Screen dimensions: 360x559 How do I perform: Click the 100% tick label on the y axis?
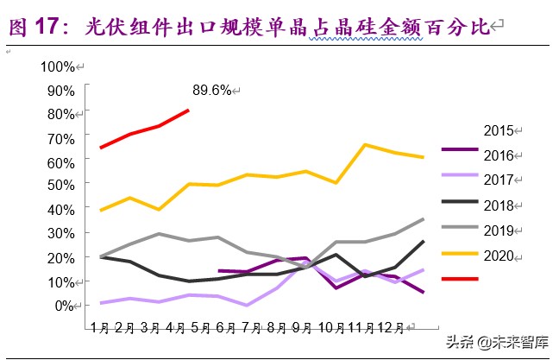[57, 66]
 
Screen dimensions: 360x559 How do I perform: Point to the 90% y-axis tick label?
[60, 90]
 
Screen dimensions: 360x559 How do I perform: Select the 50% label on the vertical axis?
[60, 186]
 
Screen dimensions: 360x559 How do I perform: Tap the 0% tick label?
[64, 305]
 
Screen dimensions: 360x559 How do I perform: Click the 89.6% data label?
[210, 90]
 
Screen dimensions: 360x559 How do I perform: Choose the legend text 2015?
[499, 131]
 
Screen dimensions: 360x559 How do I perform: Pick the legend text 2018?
[499, 205]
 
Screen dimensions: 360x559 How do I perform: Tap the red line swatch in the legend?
[460, 279]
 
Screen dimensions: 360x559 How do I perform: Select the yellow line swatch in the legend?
[460, 254]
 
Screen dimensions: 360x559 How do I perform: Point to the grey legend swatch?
[460, 229]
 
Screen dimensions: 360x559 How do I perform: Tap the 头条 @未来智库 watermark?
[496, 342]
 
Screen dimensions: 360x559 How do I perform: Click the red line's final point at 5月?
[189, 110]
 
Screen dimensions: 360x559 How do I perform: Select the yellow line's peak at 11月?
[366, 144]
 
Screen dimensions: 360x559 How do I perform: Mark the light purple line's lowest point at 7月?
[248, 305]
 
